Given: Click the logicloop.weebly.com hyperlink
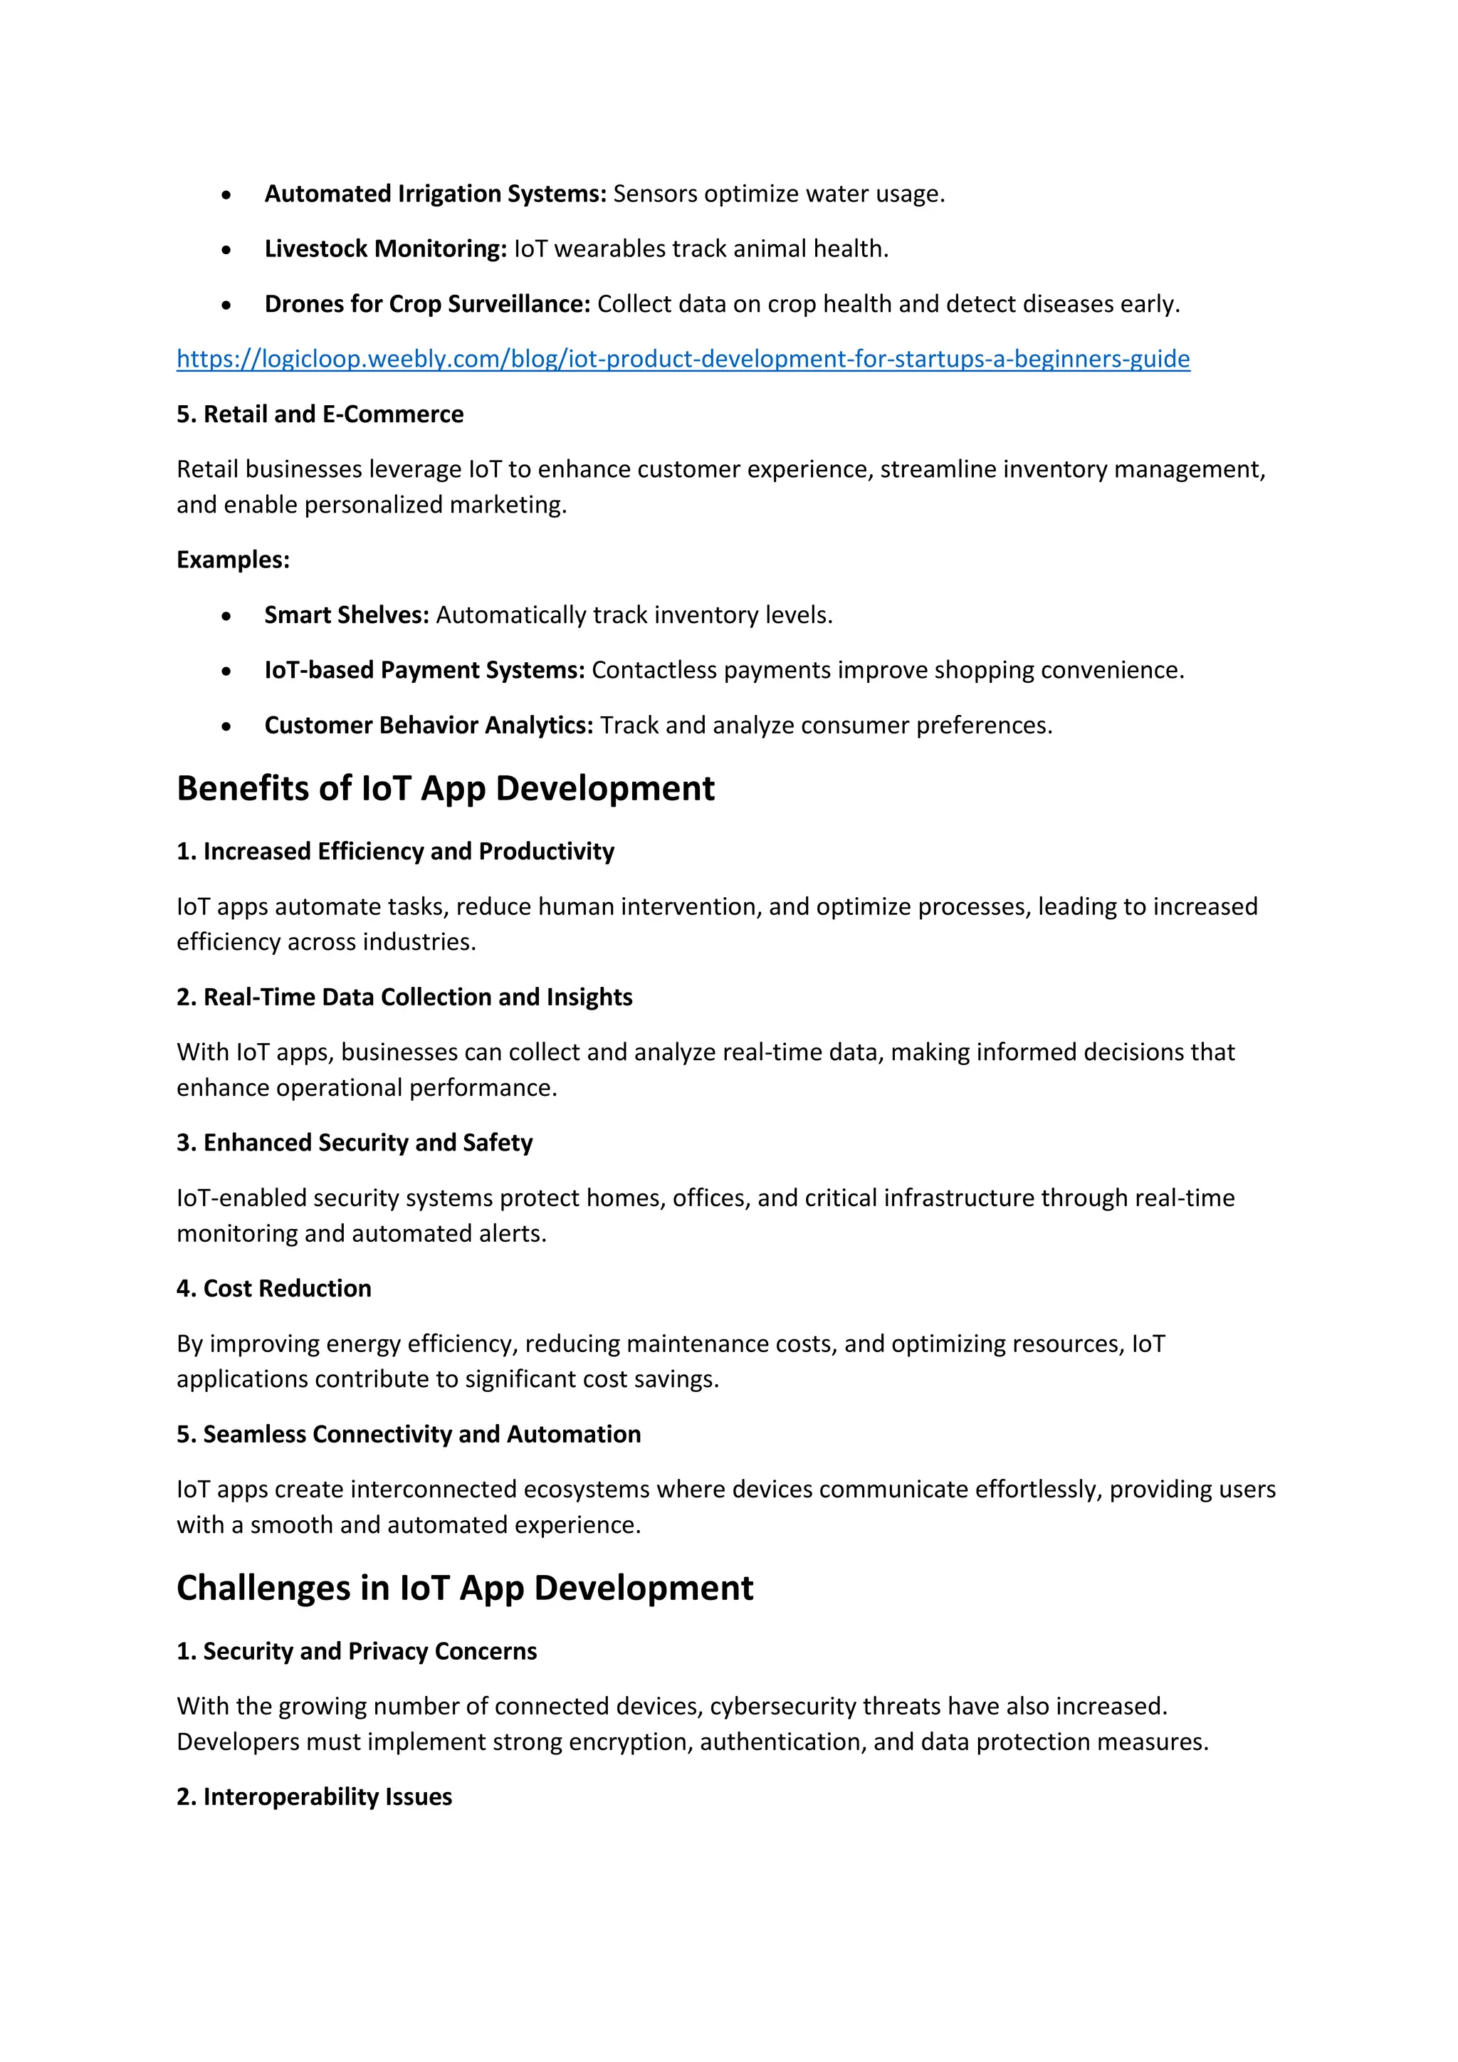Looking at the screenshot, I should (682, 360).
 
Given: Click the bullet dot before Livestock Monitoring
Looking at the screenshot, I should (226, 251).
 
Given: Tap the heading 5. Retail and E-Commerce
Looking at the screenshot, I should (320, 414).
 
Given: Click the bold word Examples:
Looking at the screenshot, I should (233, 560).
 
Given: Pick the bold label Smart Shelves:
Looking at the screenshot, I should (347, 615).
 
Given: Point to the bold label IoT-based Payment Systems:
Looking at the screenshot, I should (424, 670).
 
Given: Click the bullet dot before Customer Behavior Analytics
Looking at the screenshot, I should (226, 726).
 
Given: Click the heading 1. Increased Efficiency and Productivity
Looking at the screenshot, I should (395, 852).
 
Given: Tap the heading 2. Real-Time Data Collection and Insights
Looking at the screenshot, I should (404, 997).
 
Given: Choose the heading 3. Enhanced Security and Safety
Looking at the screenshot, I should (355, 1142).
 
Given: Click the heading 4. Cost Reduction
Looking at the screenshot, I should (274, 1288).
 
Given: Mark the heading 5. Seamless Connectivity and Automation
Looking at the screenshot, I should (409, 1434).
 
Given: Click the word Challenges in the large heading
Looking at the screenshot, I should (263, 1588).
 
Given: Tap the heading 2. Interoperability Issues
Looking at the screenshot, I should (314, 1796).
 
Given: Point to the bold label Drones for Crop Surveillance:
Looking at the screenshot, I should (426, 305).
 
